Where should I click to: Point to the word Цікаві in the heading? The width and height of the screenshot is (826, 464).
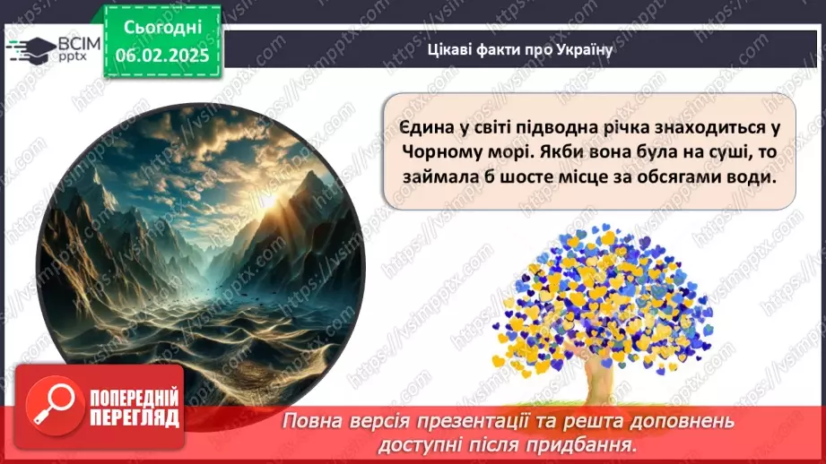449,49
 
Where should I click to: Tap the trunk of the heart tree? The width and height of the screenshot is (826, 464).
596,377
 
